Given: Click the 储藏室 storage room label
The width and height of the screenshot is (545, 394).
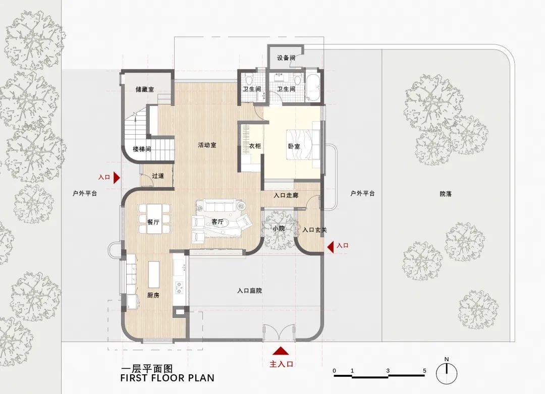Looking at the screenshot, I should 145,89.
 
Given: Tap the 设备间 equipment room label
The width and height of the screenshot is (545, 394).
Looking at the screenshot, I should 286,58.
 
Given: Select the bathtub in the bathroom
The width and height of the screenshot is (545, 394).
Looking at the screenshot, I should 313,88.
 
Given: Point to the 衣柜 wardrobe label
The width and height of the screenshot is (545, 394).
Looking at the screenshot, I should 255,146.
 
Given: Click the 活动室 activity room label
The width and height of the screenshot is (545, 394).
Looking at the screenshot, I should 207,145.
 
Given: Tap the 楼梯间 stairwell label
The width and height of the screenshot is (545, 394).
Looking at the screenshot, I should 142,149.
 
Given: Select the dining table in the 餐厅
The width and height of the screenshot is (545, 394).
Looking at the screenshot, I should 153,218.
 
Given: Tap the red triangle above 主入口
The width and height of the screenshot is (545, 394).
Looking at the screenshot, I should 281,352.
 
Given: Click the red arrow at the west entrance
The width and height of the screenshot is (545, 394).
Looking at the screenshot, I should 117,178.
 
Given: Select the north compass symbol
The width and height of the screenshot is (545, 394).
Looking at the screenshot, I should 447,372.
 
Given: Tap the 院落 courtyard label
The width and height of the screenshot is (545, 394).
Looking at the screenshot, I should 445,193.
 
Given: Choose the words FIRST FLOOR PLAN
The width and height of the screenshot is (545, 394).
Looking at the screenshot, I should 168,378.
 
